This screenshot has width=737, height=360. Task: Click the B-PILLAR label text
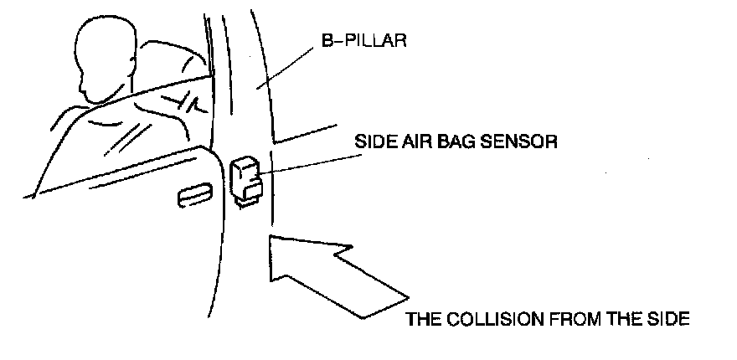pyautogui.click(x=363, y=39)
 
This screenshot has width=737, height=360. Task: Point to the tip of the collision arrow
pyautogui.click(x=271, y=240)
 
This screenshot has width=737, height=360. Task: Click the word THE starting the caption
pyautogui.click(x=424, y=319)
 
